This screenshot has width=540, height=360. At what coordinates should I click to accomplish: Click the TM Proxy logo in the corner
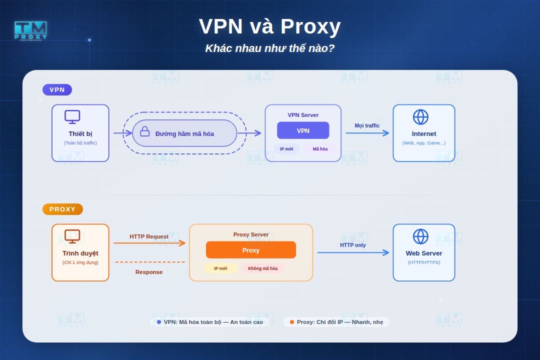30,30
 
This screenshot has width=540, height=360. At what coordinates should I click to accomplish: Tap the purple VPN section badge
57,90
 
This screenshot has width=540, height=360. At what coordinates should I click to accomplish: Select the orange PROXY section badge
62,209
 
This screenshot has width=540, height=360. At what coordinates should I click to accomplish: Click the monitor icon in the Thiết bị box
72,117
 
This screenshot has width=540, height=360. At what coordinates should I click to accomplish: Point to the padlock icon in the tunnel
145,131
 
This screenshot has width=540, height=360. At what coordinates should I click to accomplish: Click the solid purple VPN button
303,130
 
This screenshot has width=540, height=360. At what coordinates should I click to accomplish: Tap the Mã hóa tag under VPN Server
320,149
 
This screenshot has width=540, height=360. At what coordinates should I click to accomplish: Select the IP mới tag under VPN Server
286,149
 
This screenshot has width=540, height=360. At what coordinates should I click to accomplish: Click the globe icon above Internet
420,117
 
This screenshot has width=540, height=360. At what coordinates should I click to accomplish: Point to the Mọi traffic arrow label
367,125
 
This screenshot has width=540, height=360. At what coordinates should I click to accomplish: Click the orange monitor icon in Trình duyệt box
72,236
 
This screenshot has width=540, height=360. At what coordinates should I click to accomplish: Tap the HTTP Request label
149,236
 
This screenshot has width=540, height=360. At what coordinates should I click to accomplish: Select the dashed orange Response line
150,262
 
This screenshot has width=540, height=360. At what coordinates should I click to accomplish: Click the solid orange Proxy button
251,250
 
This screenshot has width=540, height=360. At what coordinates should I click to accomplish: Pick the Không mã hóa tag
262,268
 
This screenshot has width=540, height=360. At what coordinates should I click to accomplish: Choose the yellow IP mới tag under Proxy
220,268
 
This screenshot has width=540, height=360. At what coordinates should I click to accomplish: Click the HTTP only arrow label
353,245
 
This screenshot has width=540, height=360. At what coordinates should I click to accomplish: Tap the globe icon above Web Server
420,236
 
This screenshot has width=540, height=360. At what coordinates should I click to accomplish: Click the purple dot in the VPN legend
159,322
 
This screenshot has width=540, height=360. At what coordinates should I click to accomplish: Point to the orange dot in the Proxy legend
292,322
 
